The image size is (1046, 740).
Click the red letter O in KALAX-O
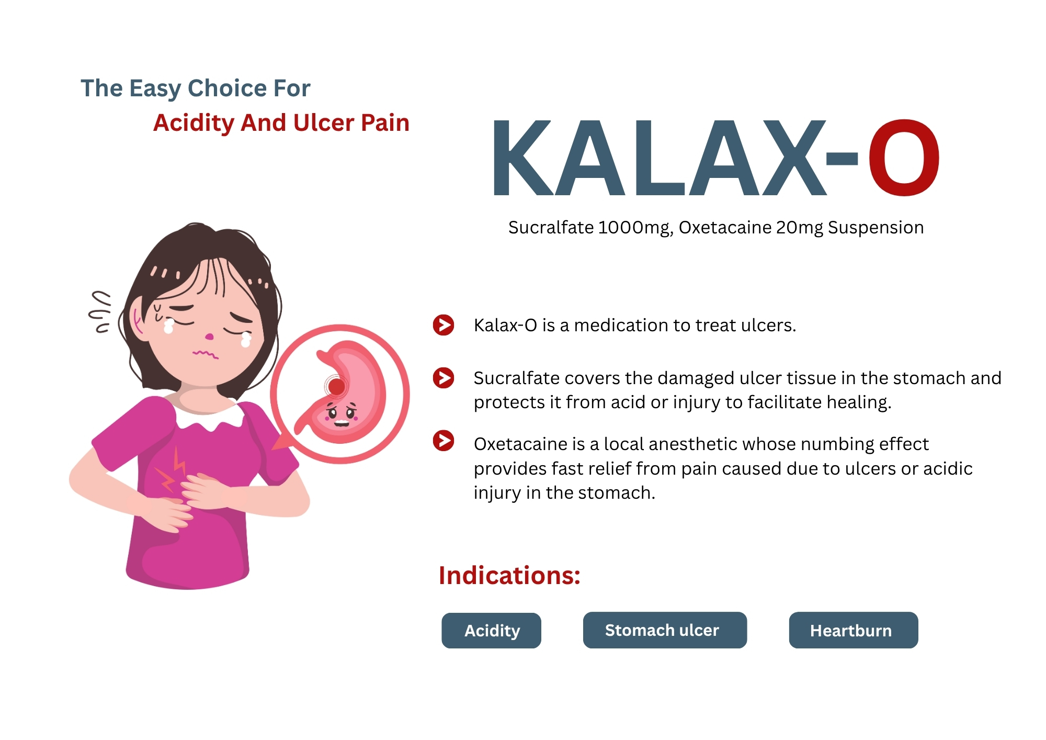tap(904, 158)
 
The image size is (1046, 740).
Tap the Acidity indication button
tap(491, 631)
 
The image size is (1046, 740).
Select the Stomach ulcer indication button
tap(665, 630)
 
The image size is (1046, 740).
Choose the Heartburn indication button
tap(854, 630)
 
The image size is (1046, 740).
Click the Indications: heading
tap(509, 575)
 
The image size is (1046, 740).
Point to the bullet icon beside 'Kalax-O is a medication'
tap(444, 325)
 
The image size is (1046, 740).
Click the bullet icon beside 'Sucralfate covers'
tap(444, 377)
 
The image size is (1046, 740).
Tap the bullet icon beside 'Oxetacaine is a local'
tap(444, 440)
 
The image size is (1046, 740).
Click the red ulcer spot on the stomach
tap(336, 387)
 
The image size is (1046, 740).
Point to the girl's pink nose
tap(209, 336)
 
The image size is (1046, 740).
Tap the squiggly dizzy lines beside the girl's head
tap(100, 312)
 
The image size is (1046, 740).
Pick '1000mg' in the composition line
tap(635, 228)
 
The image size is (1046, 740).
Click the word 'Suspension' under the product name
tap(876, 228)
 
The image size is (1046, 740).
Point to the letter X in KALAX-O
tap(792, 158)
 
